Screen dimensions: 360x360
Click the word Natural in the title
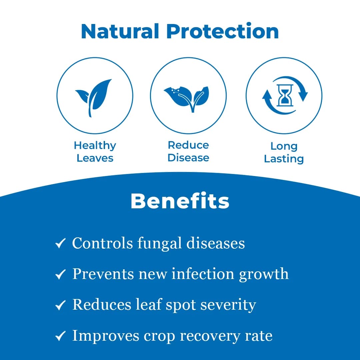click(120, 31)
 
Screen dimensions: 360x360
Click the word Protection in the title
click(222, 31)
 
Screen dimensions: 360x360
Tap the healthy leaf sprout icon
click(94, 98)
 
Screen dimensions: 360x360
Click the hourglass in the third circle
click(285, 95)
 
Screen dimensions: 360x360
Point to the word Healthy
click(95, 146)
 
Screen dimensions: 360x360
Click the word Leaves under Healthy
click(95, 158)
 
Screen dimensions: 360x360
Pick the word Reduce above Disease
click(188, 145)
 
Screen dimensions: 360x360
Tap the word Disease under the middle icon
click(188, 158)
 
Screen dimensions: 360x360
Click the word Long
click(284, 146)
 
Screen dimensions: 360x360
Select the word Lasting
click(284, 159)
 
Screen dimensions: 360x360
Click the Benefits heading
click(180, 201)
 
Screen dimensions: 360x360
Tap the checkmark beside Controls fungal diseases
click(60, 243)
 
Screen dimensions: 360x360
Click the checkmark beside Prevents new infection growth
click(60, 274)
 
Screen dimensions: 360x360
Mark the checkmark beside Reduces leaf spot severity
click(60, 305)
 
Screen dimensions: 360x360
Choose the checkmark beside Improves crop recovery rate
click(60, 336)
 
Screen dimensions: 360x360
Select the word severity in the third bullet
click(228, 305)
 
